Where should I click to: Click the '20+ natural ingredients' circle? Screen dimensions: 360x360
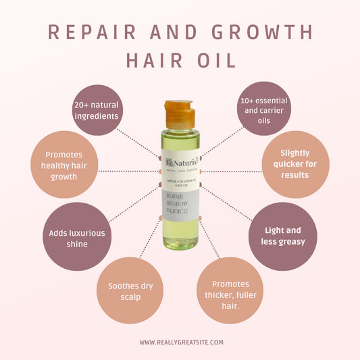(97, 110)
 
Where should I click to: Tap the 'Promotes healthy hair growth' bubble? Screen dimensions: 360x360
(61, 165)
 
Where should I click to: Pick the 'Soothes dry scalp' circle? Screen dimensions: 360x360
(130, 290)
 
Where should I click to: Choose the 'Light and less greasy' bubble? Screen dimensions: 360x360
(283, 236)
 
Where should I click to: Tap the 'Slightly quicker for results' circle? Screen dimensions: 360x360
(294, 164)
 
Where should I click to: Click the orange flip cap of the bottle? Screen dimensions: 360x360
(179, 113)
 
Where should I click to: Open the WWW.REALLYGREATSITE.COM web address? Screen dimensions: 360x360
(180, 342)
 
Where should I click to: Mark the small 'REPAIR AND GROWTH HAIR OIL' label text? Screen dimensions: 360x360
(180, 184)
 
